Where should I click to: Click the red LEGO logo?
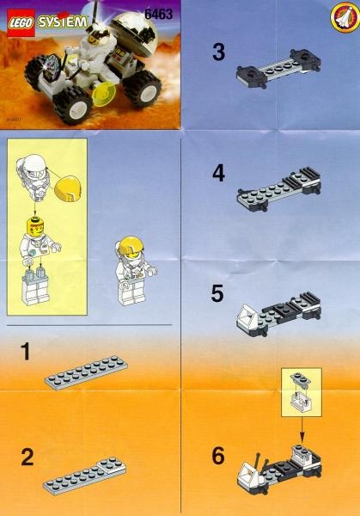click(21, 22)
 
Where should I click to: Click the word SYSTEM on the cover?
click(63, 22)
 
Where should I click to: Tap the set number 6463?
click(158, 14)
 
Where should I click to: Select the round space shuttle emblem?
click(345, 16)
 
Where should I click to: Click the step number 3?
click(218, 52)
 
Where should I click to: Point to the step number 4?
click(218, 173)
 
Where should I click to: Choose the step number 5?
click(217, 293)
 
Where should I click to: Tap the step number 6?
click(218, 456)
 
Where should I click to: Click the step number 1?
click(25, 352)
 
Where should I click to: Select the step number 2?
click(27, 458)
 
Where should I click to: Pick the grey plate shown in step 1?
click(86, 372)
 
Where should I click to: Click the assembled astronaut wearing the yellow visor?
click(135, 271)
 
